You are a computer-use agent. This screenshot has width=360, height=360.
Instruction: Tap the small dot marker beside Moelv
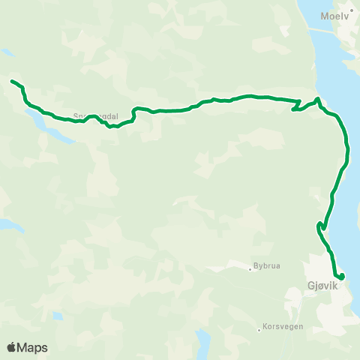pos(351,10)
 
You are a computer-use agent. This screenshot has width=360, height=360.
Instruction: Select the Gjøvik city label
pos(324,286)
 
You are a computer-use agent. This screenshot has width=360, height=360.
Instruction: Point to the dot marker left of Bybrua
pos(250,268)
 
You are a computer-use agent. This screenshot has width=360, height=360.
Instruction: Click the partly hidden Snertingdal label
pos(91,116)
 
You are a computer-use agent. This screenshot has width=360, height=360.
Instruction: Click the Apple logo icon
pos(12,347)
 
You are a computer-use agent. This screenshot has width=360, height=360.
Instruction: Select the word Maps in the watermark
pos(34,347)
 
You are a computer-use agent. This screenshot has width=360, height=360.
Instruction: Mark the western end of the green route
pos(12,80)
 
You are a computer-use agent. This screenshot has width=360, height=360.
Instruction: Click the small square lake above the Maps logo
pos(58,316)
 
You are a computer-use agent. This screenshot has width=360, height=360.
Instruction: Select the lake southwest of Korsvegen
pos(202,341)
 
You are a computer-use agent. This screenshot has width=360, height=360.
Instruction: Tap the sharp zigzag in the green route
pos(298,106)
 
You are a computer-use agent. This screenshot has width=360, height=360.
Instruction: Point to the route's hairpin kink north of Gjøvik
pos(321,225)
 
